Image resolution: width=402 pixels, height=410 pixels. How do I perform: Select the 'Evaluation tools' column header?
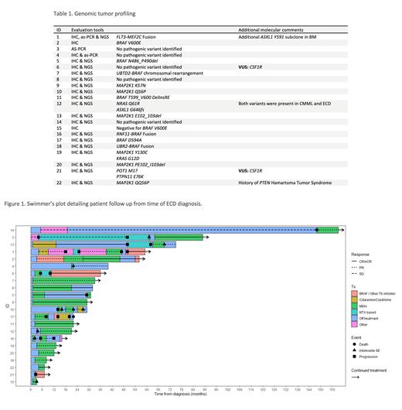(84, 29)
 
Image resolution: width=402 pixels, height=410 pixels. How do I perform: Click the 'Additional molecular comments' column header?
(271, 29)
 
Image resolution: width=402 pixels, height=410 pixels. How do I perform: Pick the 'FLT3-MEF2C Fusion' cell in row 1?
(138, 37)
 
